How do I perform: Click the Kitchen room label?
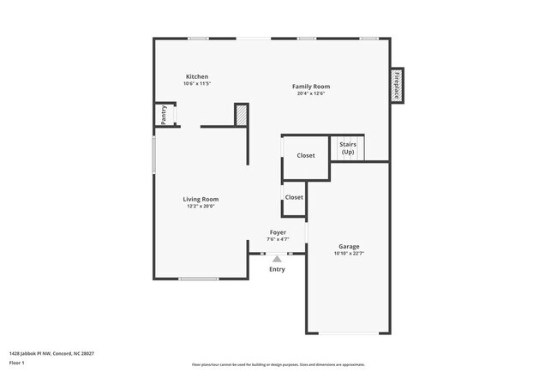coord(196,76)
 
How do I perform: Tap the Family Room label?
coord(310,87)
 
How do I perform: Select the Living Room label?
coord(201,199)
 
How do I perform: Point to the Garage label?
coord(349,246)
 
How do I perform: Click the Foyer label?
coord(278,232)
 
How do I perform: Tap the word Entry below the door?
coord(277,269)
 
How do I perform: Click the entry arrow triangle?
coord(277,258)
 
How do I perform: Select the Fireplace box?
coord(397,86)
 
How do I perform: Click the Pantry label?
coord(164,115)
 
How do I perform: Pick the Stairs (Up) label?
coord(348,147)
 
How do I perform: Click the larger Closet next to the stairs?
coord(306,155)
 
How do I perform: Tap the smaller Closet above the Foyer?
coord(294,197)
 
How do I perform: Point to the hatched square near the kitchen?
coord(242,115)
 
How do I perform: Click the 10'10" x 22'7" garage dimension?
coord(349,254)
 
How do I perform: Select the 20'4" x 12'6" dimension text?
coord(310,93)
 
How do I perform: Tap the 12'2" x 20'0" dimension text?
coord(201,206)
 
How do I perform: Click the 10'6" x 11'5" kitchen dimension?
coord(196,84)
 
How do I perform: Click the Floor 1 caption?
coord(17,363)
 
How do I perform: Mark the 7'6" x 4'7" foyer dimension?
coord(278,239)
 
